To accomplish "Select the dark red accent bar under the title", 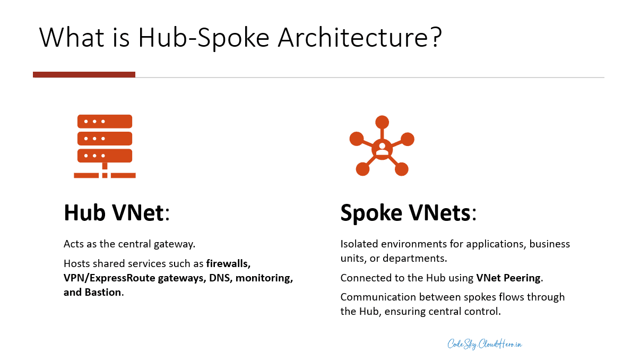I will pyautogui.click(x=84, y=75).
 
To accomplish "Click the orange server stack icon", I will pyautogui.click(x=105, y=145).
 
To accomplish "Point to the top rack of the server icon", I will pyautogui.click(x=105, y=121).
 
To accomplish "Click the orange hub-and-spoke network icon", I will pyautogui.click(x=382, y=145).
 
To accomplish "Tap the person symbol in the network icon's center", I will pyautogui.click(x=382, y=148).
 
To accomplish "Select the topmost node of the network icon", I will pyautogui.click(x=382, y=122).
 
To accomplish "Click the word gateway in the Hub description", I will pyautogui.click(x=174, y=244).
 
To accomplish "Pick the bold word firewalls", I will pyautogui.click(x=228, y=263).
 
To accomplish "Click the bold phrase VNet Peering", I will pyautogui.click(x=508, y=278).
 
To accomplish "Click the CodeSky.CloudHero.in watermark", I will pyautogui.click(x=485, y=344).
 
